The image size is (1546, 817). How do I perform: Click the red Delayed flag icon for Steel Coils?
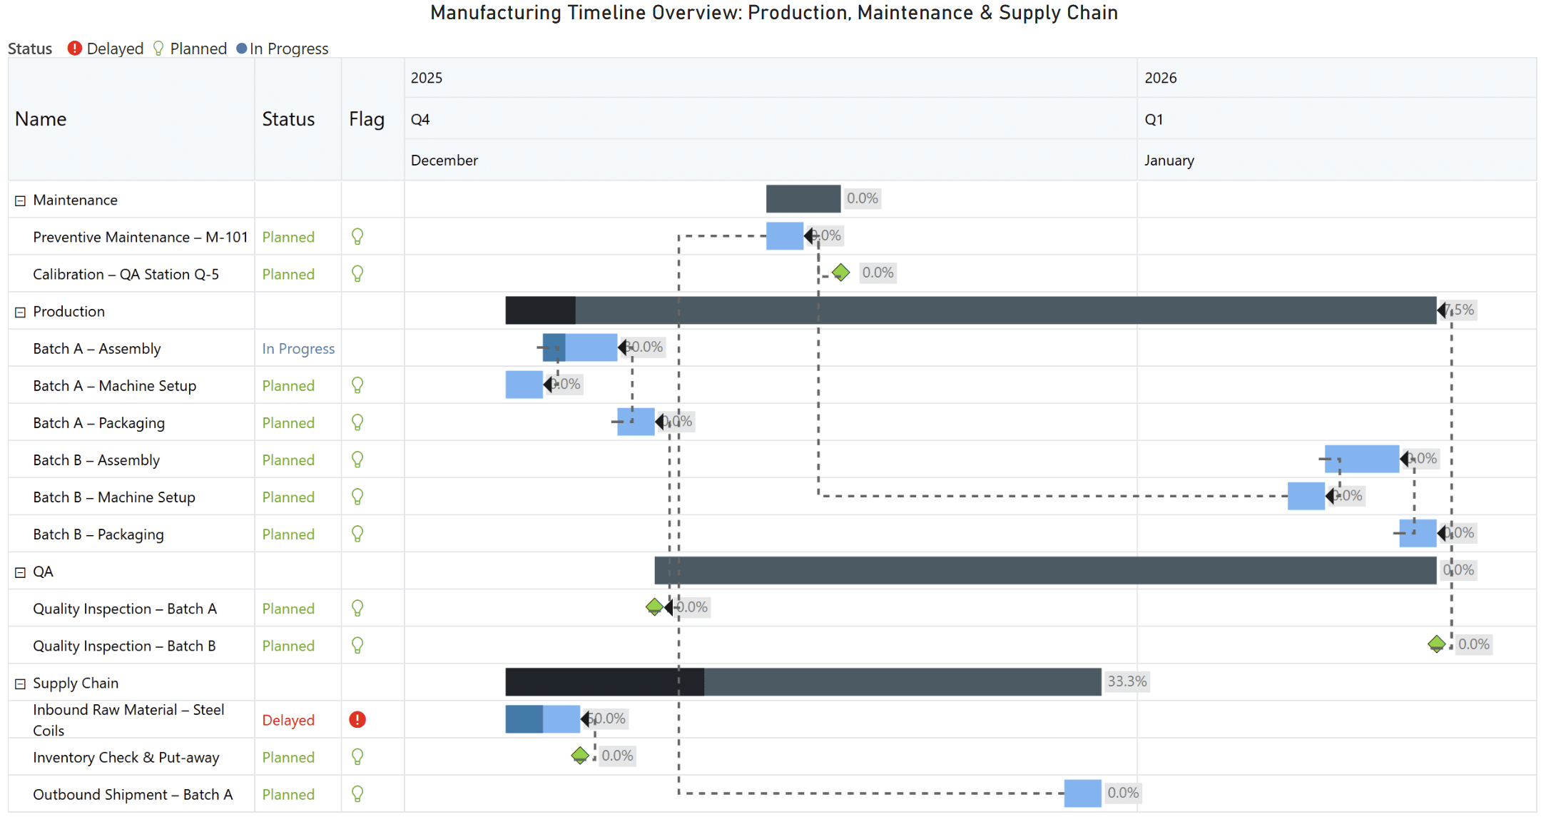357,720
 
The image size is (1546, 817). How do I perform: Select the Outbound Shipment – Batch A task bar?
1082,793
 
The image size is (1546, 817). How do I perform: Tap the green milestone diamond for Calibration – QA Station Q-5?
841,273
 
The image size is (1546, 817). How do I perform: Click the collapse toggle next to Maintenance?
20,201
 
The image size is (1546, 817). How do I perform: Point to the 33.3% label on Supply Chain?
1127,681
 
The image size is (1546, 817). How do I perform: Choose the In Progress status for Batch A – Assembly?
297,349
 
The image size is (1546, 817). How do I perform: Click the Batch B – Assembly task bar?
1361,459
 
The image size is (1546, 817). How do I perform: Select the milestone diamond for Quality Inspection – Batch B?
1436,644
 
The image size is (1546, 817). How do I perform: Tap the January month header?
1169,161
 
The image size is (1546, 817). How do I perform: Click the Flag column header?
366,119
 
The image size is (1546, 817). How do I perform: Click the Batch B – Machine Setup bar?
1306,496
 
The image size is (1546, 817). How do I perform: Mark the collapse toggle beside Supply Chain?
20,684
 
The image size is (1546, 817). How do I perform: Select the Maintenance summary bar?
803,199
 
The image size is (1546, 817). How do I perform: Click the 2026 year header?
1160,78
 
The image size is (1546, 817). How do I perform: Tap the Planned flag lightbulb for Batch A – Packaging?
357,422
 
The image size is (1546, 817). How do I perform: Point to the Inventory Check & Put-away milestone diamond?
580,755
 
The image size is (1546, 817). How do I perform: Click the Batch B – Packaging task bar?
1417,533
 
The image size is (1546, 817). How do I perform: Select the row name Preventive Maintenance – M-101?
140,238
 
